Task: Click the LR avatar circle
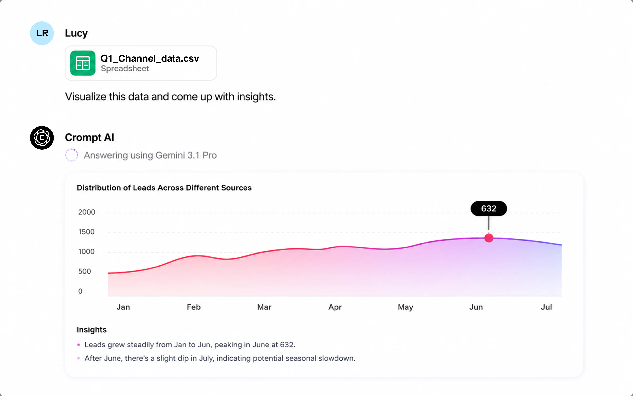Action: [42, 33]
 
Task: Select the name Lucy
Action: [76, 33]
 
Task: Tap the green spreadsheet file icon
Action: [83, 63]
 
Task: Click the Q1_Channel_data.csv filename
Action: [150, 58]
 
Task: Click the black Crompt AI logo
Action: [42, 138]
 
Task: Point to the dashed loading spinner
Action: [72, 155]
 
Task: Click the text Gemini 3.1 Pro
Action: [186, 155]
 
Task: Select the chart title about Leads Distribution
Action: [164, 188]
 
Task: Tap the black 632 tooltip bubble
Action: [489, 208]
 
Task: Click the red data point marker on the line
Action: [489, 238]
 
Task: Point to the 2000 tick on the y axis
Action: [87, 212]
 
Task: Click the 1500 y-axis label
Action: [86, 232]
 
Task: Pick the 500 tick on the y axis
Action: [84, 271]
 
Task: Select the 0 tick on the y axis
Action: [80, 291]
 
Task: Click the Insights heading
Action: [92, 330]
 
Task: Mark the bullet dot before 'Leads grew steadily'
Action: [79, 345]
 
